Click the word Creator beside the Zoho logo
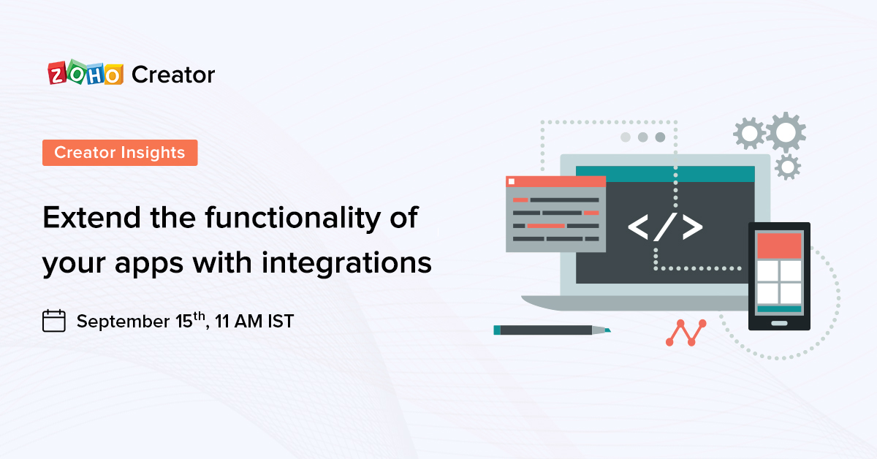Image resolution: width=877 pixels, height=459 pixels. [173, 75]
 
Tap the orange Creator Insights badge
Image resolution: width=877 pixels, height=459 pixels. [120, 153]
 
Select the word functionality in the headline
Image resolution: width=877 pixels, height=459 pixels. [266, 218]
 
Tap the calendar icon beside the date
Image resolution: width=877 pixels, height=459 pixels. [54, 321]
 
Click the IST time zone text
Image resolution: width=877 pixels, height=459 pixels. [278, 321]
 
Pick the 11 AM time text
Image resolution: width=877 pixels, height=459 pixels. [239, 321]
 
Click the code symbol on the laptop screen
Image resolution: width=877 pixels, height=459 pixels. [664, 227]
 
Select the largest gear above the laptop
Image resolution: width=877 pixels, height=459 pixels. [786, 133]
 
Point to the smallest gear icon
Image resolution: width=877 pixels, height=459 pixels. [787, 167]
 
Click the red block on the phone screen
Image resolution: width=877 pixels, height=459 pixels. [779, 246]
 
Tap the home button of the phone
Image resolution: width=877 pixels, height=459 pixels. [779, 322]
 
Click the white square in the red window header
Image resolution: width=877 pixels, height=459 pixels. [512, 181]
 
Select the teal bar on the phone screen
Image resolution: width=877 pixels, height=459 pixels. [779, 309]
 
